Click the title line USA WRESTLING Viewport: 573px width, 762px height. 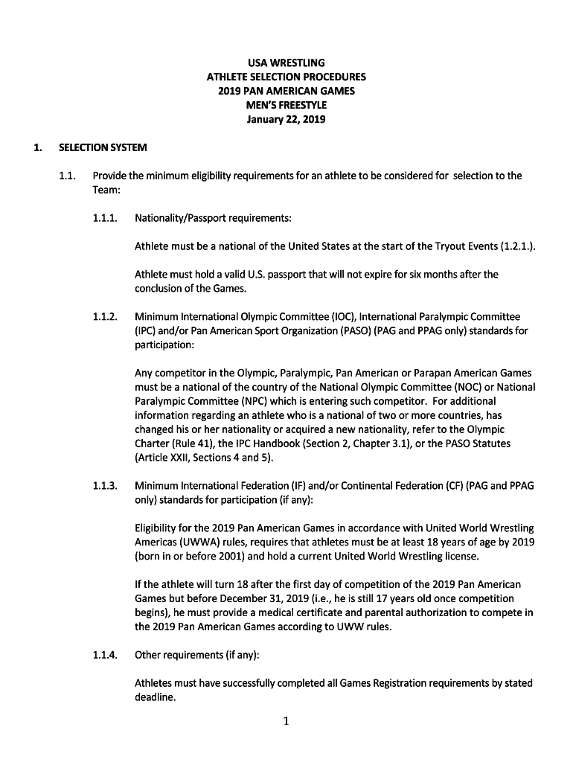pos(286,63)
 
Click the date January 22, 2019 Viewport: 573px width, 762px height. pos(286,119)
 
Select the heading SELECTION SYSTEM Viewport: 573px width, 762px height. pos(103,147)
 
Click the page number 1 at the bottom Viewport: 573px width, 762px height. pos(286,720)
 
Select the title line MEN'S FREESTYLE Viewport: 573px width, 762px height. pos(286,105)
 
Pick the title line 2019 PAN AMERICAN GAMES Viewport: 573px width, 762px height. pos(286,91)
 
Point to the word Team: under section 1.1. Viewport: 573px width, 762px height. pos(106,190)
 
